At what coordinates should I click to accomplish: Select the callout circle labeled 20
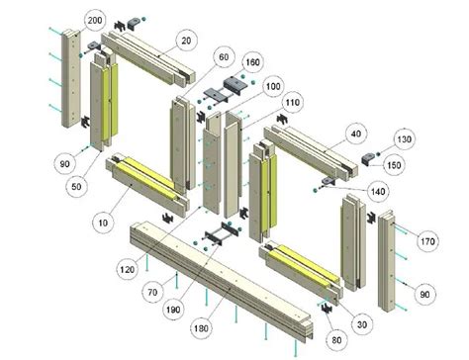(x=184, y=40)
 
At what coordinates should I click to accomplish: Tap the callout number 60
(x=223, y=57)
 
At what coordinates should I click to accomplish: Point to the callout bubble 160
(x=253, y=62)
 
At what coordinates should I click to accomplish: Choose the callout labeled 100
(x=273, y=87)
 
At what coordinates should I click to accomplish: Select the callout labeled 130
(x=404, y=137)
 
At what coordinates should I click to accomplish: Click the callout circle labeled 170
(x=426, y=239)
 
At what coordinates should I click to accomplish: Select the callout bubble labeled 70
(x=152, y=294)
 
